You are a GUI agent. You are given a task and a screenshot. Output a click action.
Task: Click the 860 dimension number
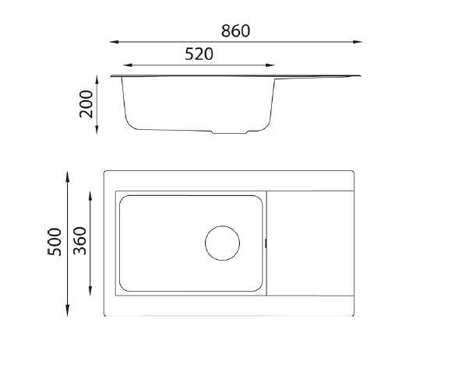pos(235,31)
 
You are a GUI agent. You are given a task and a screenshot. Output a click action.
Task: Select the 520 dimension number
pos(199,54)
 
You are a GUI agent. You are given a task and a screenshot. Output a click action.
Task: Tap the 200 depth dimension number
pos(86,104)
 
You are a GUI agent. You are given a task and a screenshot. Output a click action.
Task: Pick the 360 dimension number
pos(79,242)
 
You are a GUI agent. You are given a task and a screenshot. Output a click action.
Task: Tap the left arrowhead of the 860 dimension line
pos(111,42)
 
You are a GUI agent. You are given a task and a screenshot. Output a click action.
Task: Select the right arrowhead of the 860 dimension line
pos(360,42)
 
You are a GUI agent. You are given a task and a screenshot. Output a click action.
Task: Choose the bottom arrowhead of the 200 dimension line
pos(97,131)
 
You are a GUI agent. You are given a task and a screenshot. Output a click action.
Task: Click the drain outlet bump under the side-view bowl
pos(231,131)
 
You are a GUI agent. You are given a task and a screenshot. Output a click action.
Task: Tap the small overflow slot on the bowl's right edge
pos(267,243)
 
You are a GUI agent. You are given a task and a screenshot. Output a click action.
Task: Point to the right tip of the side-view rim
pos(361,75)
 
